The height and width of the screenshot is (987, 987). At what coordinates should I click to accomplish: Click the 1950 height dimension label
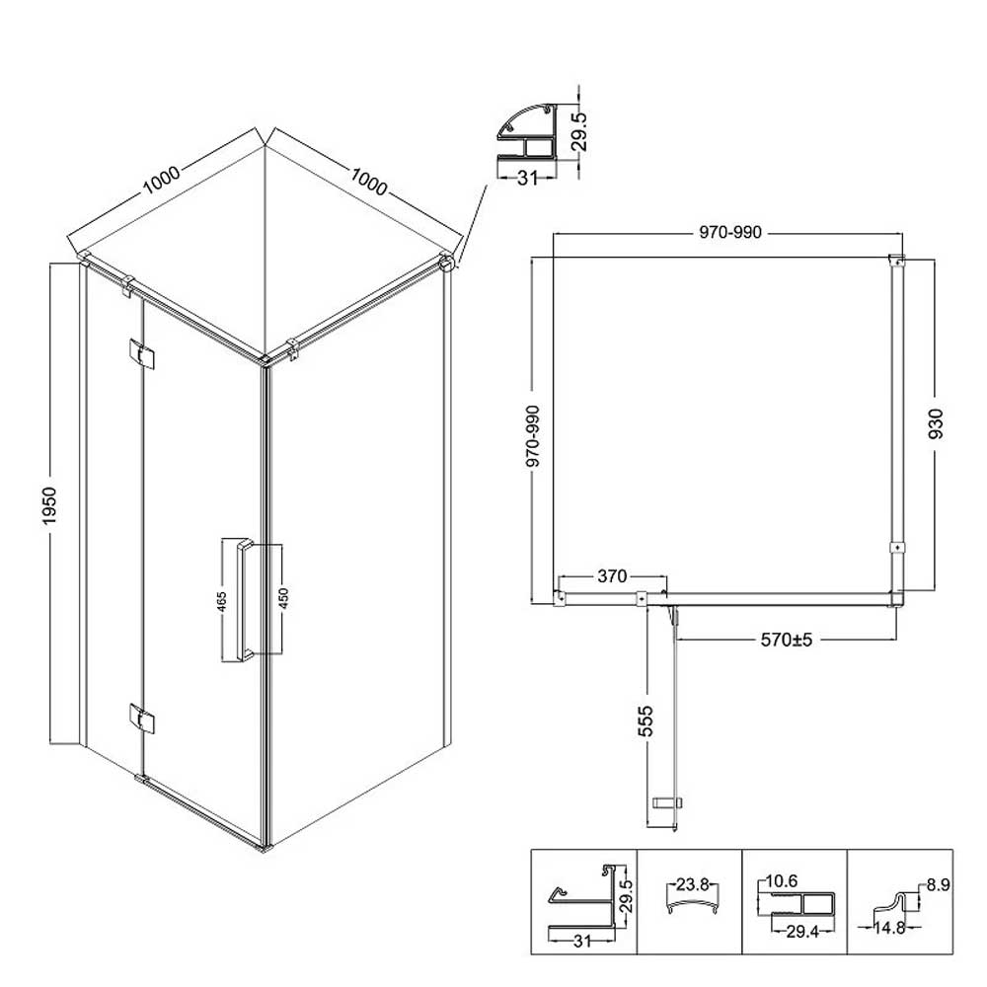pyautogui.click(x=49, y=504)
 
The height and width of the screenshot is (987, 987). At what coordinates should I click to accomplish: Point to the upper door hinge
pyautogui.click(x=141, y=353)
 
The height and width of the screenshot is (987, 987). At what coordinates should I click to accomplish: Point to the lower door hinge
pyautogui.click(x=141, y=719)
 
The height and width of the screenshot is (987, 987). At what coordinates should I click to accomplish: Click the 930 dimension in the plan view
pyautogui.click(x=936, y=423)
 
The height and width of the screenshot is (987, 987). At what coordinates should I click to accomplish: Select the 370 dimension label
pyautogui.click(x=612, y=576)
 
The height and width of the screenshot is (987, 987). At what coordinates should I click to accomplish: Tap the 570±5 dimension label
pyautogui.click(x=787, y=640)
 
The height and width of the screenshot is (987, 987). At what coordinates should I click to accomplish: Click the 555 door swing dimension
pyautogui.click(x=645, y=721)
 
